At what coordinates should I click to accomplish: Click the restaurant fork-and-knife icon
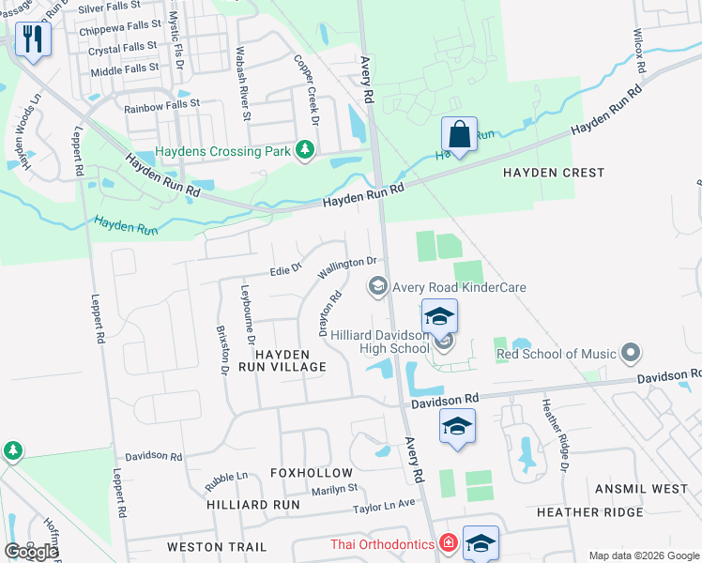[32, 39]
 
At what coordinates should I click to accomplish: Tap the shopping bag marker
[459, 135]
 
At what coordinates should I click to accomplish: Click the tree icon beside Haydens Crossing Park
[304, 149]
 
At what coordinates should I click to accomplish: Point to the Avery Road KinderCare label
[459, 287]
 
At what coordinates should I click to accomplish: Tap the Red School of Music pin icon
[631, 354]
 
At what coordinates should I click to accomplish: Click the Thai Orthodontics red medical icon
[449, 544]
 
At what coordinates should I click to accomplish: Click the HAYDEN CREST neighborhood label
[554, 173]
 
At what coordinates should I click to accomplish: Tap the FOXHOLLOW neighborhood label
[312, 473]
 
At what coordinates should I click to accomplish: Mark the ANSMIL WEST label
[642, 489]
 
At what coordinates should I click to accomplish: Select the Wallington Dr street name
[347, 268]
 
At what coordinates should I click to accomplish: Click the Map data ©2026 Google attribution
[643, 555]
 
